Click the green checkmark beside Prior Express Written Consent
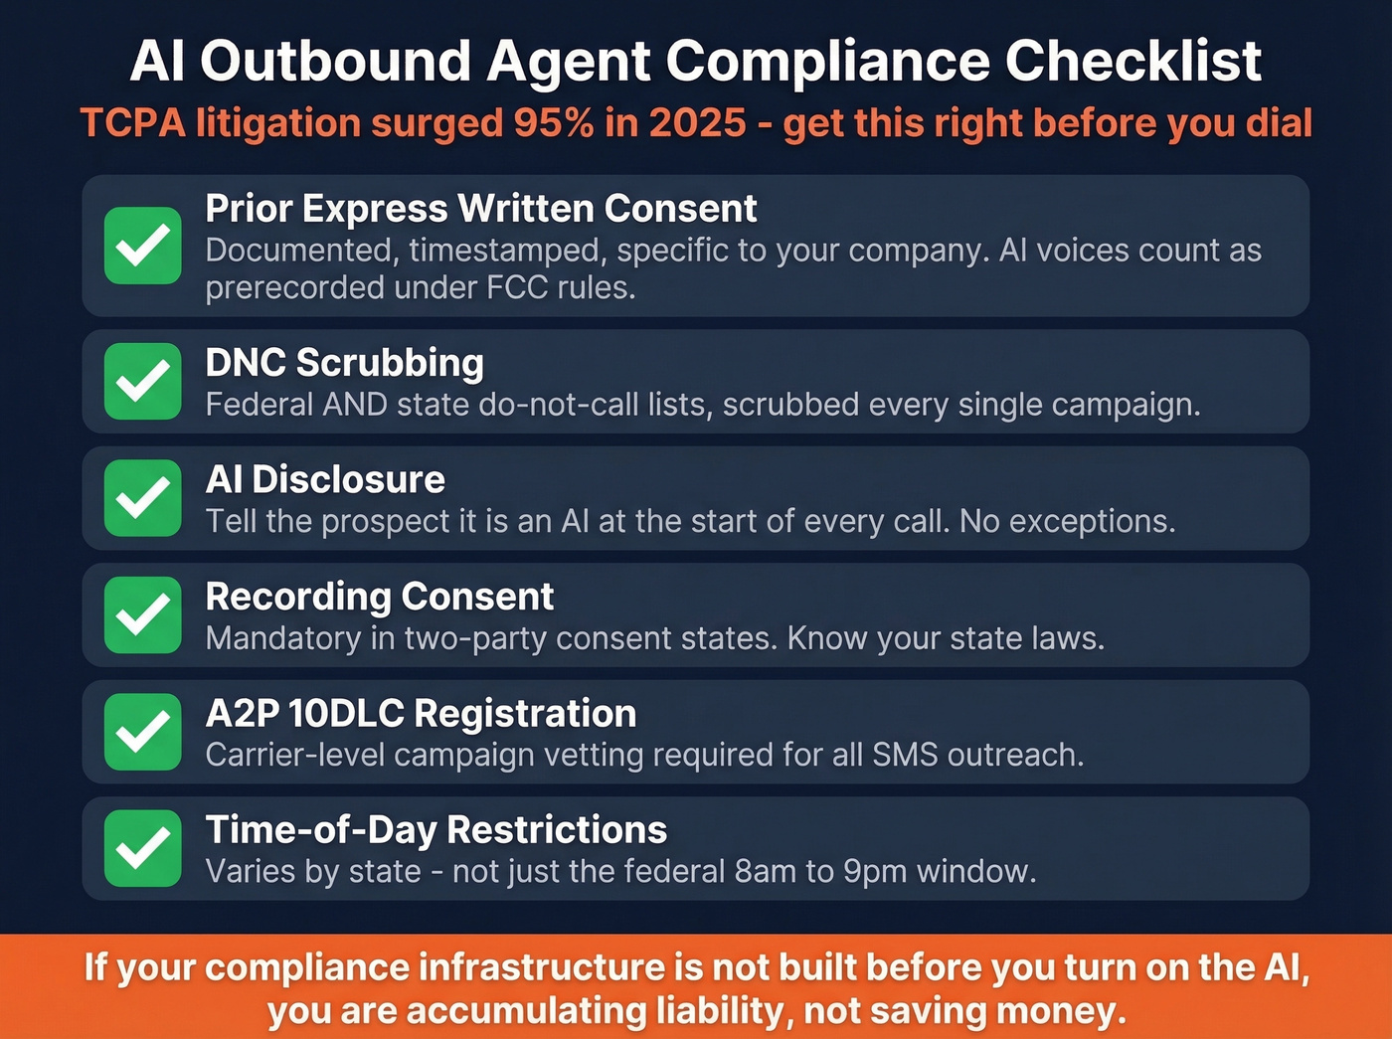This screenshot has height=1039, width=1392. point(143,246)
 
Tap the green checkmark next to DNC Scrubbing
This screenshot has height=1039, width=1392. point(143,381)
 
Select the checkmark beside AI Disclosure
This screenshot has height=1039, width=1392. point(143,498)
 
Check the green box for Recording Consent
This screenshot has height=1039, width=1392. point(143,614)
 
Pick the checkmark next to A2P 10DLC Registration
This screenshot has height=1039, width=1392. point(143,732)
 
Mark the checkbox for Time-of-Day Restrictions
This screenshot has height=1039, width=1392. point(143,848)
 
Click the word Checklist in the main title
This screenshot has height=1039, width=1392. point(1133,62)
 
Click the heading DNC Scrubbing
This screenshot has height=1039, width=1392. point(344,363)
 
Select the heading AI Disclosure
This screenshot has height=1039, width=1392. point(325,480)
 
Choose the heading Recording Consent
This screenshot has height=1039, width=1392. point(379,597)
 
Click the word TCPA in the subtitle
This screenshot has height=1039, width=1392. point(132,123)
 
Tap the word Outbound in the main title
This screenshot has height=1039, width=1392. point(335,62)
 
